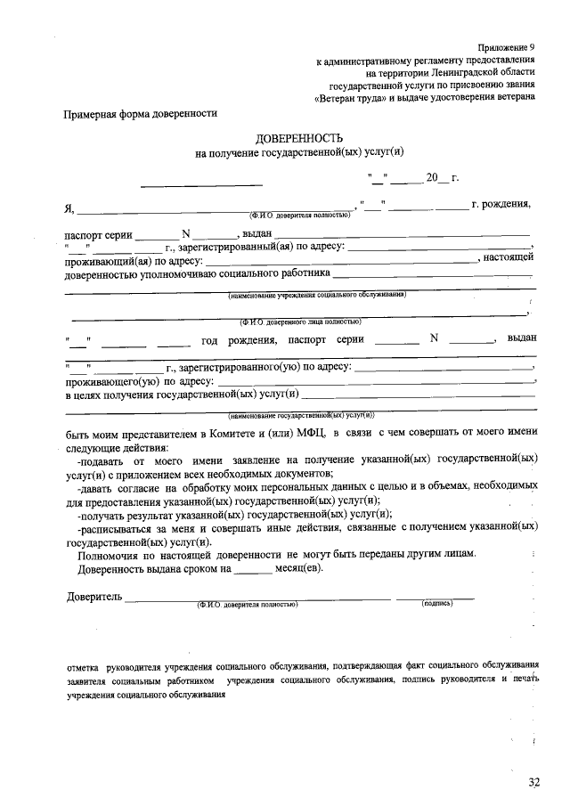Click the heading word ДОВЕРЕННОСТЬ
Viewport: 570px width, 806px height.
coord(298,140)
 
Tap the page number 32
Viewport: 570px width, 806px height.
coord(533,782)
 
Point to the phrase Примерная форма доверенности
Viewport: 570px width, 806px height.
coord(140,114)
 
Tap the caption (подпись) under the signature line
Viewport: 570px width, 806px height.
coord(437,604)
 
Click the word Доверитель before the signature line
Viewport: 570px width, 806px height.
coord(94,596)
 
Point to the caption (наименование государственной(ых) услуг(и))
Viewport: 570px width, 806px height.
coord(301,415)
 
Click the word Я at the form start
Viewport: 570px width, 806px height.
coord(69,209)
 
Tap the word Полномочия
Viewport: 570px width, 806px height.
coord(110,554)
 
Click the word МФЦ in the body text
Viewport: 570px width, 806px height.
coord(308,433)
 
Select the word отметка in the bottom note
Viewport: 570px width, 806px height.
coord(84,666)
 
